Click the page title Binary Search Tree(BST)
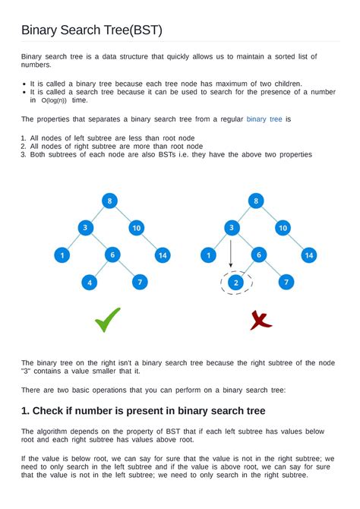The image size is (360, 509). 92,30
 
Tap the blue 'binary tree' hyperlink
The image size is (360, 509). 264,119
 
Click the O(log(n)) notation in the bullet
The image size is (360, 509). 52,100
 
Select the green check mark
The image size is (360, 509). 107,321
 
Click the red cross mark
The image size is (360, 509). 261,321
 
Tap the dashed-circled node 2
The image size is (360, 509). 236,283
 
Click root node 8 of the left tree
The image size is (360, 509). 111,201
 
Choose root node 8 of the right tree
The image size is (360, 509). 257,201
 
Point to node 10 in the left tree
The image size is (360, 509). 137,228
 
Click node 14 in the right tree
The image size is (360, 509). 308,255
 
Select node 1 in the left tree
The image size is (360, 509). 62,255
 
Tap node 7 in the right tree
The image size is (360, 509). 286,283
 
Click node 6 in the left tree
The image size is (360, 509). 112,255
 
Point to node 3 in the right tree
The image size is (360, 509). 231,228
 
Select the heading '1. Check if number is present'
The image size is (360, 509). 144,411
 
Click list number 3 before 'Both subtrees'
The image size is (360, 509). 24,154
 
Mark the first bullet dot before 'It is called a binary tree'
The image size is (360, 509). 24,84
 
